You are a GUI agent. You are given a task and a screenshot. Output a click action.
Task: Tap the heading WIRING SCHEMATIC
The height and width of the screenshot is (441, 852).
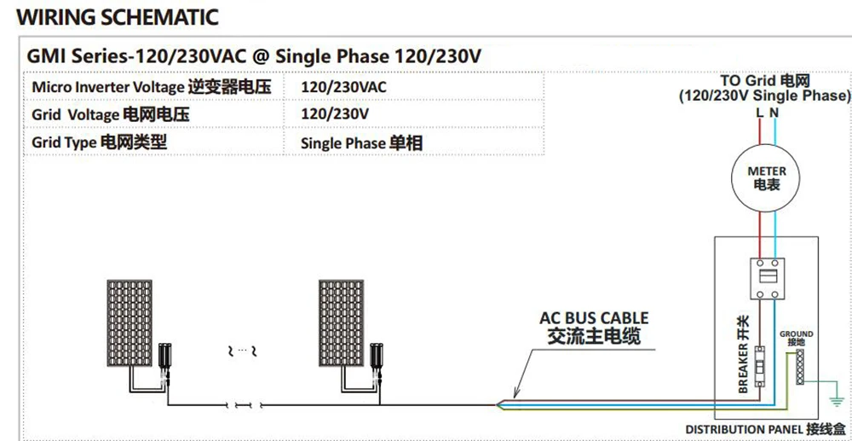(x=118, y=17)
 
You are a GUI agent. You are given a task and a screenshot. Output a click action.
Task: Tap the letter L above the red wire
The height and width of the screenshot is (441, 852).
(x=760, y=113)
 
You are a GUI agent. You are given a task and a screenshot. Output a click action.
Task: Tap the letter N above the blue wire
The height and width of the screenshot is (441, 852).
(x=774, y=113)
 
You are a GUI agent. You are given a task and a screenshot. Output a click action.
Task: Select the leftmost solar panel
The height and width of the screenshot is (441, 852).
(x=130, y=323)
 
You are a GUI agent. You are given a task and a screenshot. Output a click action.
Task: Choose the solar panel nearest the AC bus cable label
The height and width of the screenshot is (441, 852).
(x=342, y=323)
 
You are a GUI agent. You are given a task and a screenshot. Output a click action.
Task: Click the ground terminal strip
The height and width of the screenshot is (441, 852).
(x=800, y=367)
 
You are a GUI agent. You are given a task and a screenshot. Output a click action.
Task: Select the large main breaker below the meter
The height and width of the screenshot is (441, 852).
(x=766, y=278)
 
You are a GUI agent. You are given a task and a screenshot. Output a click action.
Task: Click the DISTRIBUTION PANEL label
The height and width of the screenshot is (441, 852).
(x=765, y=429)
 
